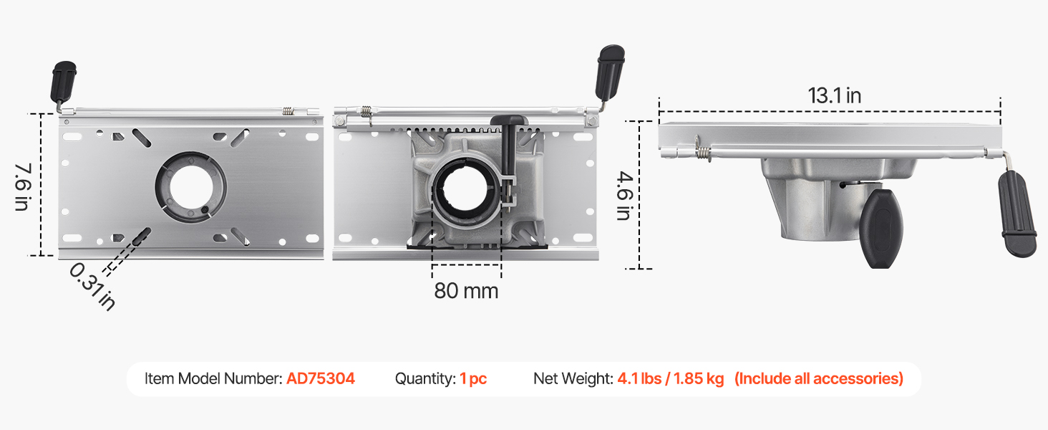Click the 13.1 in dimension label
click(x=834, y=95)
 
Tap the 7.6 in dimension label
click(x=22, y=187)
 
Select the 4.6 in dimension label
click(x=625, y=196)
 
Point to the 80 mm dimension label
click(x=466, y=291)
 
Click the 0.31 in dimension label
click(x=92, y=286)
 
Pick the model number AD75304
click(x=321, y=378)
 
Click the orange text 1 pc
click(x=473, y=378)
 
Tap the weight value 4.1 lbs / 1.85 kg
click(x=671, y=378)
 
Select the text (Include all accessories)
click(x=819, y=378)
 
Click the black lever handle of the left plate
click(x=63, y=82)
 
